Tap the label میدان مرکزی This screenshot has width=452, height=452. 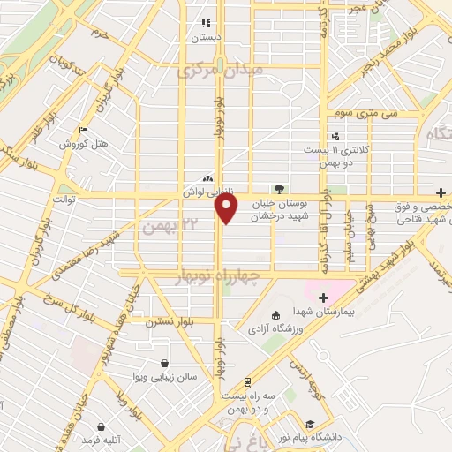220,70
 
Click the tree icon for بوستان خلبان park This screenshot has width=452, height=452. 279,188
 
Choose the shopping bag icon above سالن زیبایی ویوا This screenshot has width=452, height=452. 165,363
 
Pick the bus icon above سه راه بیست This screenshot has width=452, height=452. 248,382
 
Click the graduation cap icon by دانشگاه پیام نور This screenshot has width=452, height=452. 309,424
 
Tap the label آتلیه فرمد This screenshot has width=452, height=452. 97,439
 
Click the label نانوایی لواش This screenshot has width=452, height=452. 212,191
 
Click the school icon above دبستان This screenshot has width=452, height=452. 206,24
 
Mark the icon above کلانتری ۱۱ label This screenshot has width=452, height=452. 335,136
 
